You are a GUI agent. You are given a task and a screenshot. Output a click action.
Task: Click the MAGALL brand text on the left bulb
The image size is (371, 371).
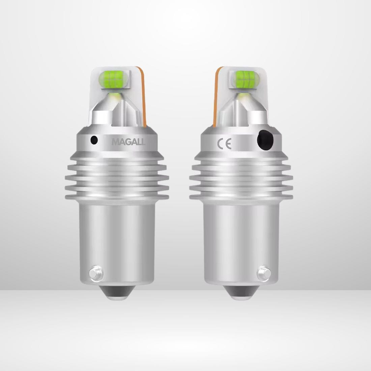(x=128, y=142)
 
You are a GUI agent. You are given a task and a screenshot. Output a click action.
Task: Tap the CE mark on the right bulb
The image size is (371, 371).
(x=224, y=144)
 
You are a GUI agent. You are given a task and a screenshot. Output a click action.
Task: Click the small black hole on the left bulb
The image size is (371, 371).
(x=94, y=140)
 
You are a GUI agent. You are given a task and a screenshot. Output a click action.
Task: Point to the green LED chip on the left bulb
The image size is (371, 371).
(x=113, y=80)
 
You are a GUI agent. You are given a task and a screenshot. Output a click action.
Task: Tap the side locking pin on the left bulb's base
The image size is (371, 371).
(x=96, y=274)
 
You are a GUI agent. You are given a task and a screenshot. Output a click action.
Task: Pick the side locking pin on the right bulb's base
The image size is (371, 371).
(x=264, y=274)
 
